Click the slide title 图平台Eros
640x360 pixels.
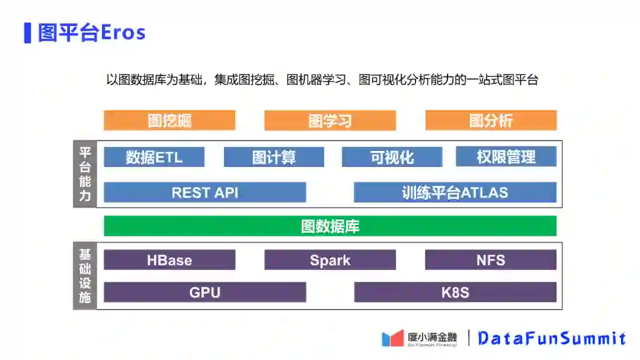point(92,33)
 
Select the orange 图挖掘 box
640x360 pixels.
point(169,120)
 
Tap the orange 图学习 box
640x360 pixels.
point(330,120)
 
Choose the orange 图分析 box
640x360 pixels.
point(491,120)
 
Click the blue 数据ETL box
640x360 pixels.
point(154,157)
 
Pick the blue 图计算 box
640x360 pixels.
point(274,157)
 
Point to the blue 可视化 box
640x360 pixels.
point(392,157)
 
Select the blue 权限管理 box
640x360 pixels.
point(506,157)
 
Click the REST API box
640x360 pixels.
point(205,192)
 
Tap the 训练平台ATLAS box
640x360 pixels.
point(455,192)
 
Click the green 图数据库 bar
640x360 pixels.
point(330,226)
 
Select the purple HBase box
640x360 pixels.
point(169,260)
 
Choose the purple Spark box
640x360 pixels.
point(330,260)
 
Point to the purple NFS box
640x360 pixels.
point(491,260)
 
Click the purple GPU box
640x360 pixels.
point(205,292)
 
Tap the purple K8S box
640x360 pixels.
point(455,292)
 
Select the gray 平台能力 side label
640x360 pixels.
point(85,174)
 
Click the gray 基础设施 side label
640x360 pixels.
point(85,276)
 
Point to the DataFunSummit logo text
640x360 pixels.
point(551,338)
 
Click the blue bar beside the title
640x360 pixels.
point(27,33)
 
